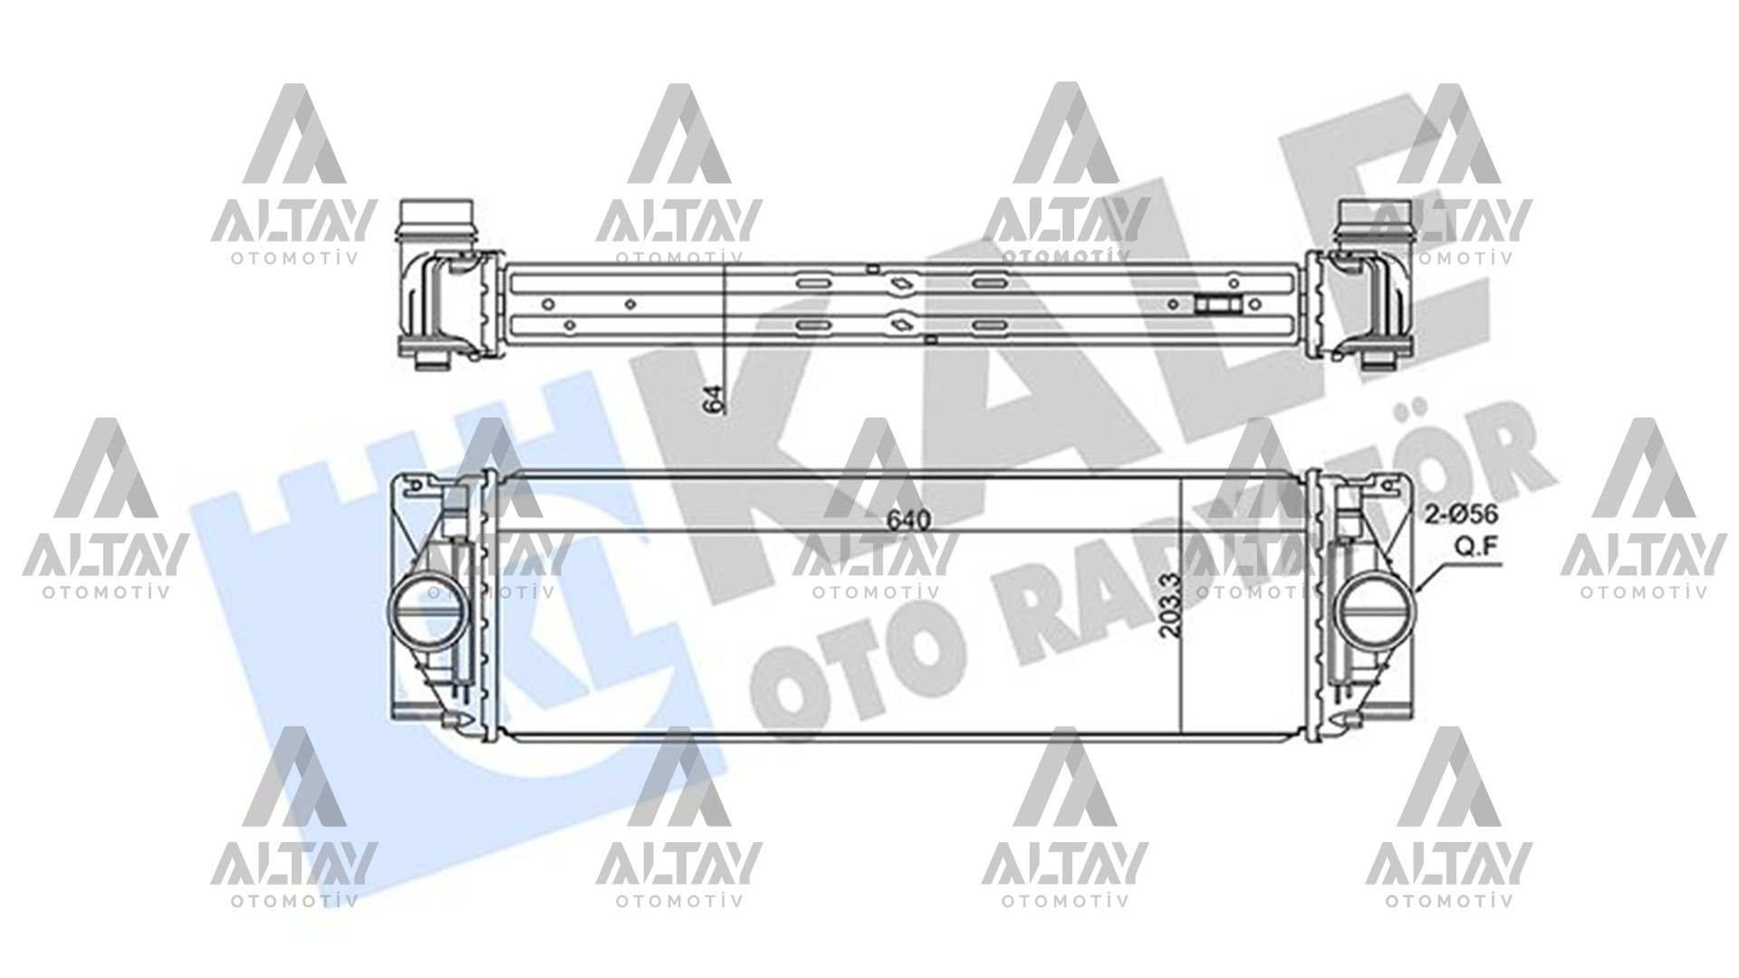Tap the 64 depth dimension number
(x=715, y=399)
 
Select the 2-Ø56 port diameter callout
(x=1463, y=514)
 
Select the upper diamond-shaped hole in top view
(x=902, y=284)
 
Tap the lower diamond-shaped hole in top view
(x=902, y=322)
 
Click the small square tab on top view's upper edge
(x=871, y=267)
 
